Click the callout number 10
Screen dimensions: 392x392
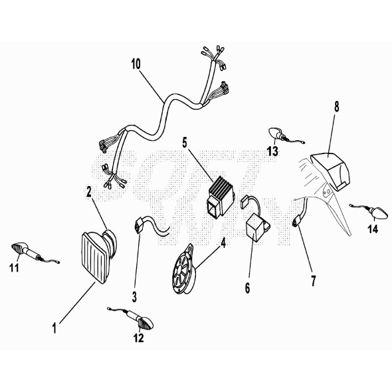tap(136, 64)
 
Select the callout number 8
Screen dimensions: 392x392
tap(336, 106)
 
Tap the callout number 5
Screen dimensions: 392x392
tap(185, 142)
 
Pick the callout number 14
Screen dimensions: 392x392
tap(372, 230)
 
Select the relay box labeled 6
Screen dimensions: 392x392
tap(256, 226)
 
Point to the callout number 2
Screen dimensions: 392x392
tap(89, 191)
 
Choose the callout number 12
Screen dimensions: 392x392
tap(138, 337)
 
